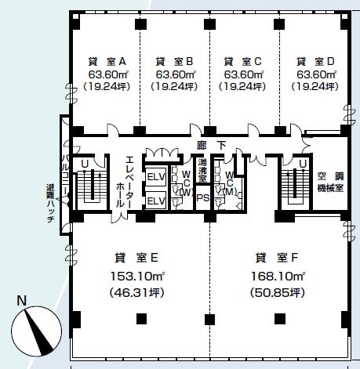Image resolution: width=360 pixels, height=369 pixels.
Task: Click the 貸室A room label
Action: pyautogui.click(x=107, y=62)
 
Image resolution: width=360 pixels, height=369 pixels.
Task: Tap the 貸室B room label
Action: pyautogui.click(x=174, y=62)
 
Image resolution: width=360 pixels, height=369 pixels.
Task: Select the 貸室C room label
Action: pyautogui.click(x=242, y=62)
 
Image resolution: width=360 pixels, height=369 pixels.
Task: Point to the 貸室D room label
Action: pyautogui.click(x=315, y=62)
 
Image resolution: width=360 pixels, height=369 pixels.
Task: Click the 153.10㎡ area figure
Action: pyautogui.click(x=137, y=276)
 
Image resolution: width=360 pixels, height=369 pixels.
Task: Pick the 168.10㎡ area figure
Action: pyautogui.click(x=278, y=276)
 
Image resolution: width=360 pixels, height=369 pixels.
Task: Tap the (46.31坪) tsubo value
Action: pyautogui.click(x=137, y=293)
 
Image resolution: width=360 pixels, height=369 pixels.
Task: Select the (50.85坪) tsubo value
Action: pyautogui.click(x=278, y=293)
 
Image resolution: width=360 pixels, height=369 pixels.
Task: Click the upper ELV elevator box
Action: pyautogui.click(x=156, y=177)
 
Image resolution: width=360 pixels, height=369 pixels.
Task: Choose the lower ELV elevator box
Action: pyautogui.click(x=156, y=201)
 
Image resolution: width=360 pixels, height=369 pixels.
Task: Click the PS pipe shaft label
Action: pyautogui.click(x=203, y=198)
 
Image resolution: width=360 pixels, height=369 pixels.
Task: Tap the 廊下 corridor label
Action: pyautogui.click(x=211, y=146)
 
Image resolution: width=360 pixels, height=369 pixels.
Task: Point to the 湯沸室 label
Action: pyautogui.click(x=202, y=170)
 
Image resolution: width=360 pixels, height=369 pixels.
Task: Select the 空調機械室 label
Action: pyautogui.click(x=330, y=183)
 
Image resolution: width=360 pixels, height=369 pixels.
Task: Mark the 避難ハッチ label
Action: pyautogui.click(x=50, y=203)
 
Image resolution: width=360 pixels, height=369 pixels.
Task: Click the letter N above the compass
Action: pyautogui.click(x=22, y=301)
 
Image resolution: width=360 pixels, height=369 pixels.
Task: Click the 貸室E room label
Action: pyautogui.click(x=136, y=258)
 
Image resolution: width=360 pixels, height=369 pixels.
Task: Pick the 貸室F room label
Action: pyautogui.click(x=277, y=258)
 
